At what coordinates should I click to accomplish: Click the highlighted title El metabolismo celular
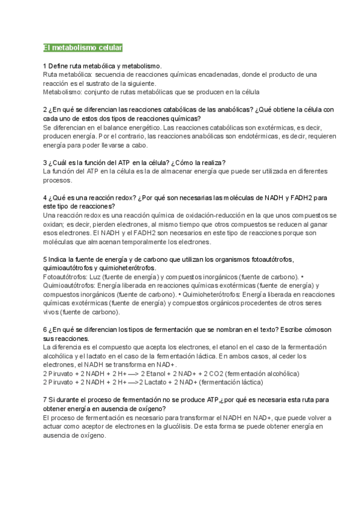tap(82, 47)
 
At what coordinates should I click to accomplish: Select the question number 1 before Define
tap(45, 65)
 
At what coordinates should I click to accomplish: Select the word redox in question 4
tap(120, 197)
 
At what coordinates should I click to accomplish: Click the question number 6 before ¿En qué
tap(45, 330)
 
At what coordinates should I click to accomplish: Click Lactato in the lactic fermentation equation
tap(160, 382)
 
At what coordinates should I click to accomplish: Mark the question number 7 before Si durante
tap(45, 400)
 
